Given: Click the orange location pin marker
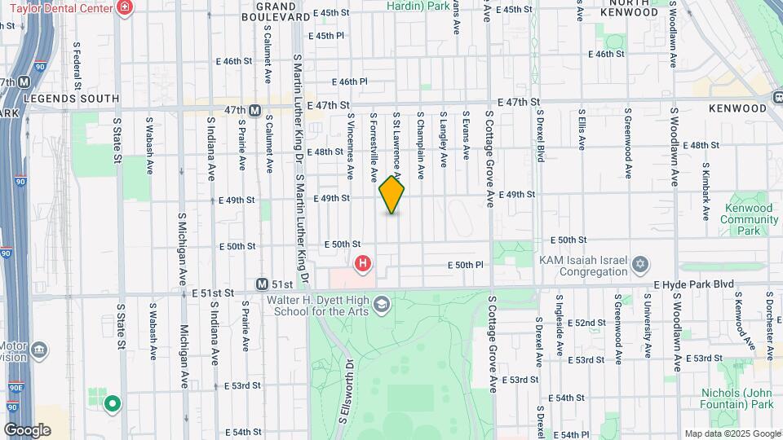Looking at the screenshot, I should tap(392, 195).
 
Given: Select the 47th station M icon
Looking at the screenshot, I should tap(254, 110).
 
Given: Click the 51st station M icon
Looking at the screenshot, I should tap(262, 284).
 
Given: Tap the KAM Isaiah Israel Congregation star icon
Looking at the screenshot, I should tap(640, 264).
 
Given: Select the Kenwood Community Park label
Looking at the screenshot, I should tap(749, 219).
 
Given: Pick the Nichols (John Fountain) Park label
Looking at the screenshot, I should tap(737, 398).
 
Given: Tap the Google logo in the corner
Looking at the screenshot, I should tap(27, 429).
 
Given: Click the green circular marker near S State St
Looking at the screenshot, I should tap(113, 403).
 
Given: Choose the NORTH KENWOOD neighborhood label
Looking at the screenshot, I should tap(629, 7).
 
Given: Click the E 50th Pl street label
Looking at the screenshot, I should tap(466, 265).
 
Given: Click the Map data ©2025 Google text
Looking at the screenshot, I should tap(732, 433).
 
